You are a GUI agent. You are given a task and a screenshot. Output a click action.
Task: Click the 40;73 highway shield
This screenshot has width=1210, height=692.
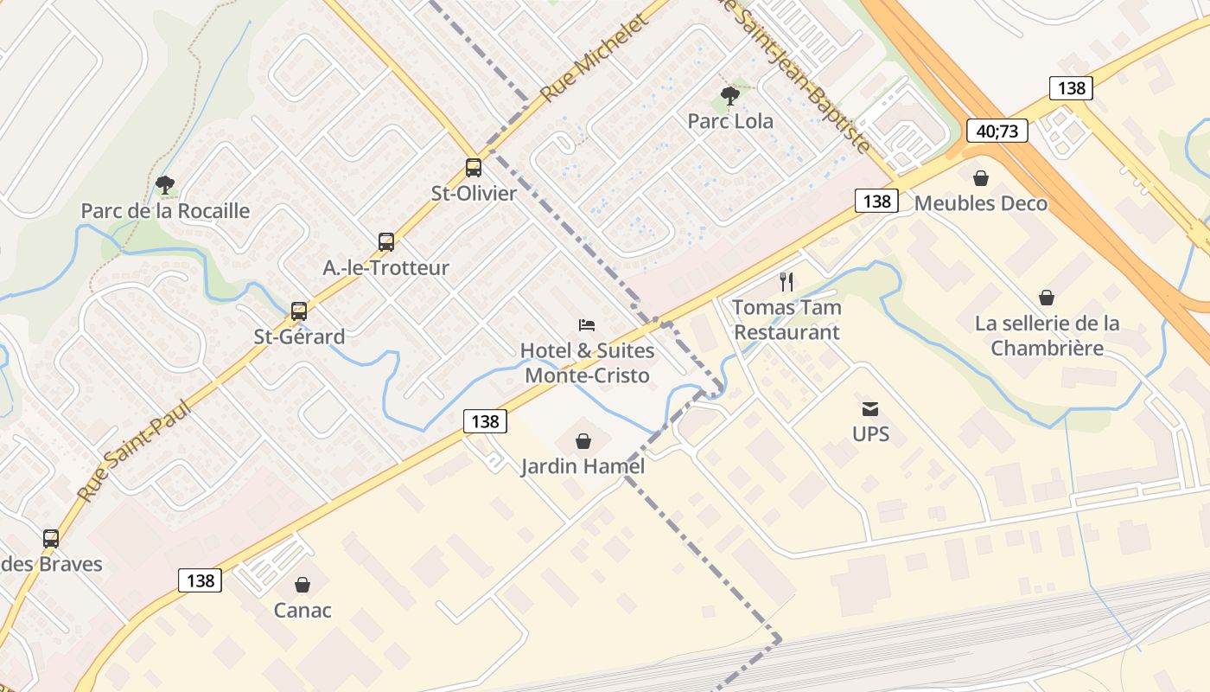coord(997,131)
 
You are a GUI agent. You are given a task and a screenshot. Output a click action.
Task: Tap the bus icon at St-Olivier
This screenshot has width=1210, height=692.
coord(474,168)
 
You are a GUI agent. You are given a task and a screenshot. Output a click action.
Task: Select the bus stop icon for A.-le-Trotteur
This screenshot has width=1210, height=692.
coord(386,242)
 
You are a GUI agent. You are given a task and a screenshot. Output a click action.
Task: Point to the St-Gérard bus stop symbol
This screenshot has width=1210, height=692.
coord(299,311)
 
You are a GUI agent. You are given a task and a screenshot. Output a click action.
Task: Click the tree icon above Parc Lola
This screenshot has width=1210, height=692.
coord(730,96)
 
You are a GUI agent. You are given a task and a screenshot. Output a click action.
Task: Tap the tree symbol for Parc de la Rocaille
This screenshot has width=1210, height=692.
coord(164,185)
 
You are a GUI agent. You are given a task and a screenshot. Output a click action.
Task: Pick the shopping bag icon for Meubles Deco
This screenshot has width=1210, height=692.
coord(981,178)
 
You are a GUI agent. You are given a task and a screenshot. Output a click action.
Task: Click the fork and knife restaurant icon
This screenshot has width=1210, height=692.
coord(786,281)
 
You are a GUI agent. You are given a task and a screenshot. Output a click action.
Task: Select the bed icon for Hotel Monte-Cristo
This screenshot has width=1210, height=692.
coord(587,325)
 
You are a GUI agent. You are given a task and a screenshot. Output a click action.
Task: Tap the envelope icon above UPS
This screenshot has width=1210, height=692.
coord(870,409)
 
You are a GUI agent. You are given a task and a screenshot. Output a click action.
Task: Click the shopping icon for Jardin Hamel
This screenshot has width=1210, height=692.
coord(583,441)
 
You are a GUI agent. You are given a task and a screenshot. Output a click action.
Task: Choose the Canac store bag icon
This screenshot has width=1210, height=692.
coord(302,585)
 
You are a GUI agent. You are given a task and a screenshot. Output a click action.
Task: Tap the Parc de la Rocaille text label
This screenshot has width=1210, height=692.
coord(165,211)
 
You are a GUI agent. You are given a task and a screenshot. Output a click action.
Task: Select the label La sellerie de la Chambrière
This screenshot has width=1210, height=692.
coord(1047,336)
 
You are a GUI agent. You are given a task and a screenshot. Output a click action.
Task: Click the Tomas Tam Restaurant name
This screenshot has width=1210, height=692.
coord(786,319)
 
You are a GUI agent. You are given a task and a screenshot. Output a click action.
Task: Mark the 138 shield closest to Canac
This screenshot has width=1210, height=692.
coord(201,580)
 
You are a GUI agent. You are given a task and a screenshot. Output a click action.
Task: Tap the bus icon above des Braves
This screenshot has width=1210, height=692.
coord(51,538)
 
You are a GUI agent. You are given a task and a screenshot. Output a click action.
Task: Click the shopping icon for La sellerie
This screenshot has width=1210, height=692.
coord(1047,298)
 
